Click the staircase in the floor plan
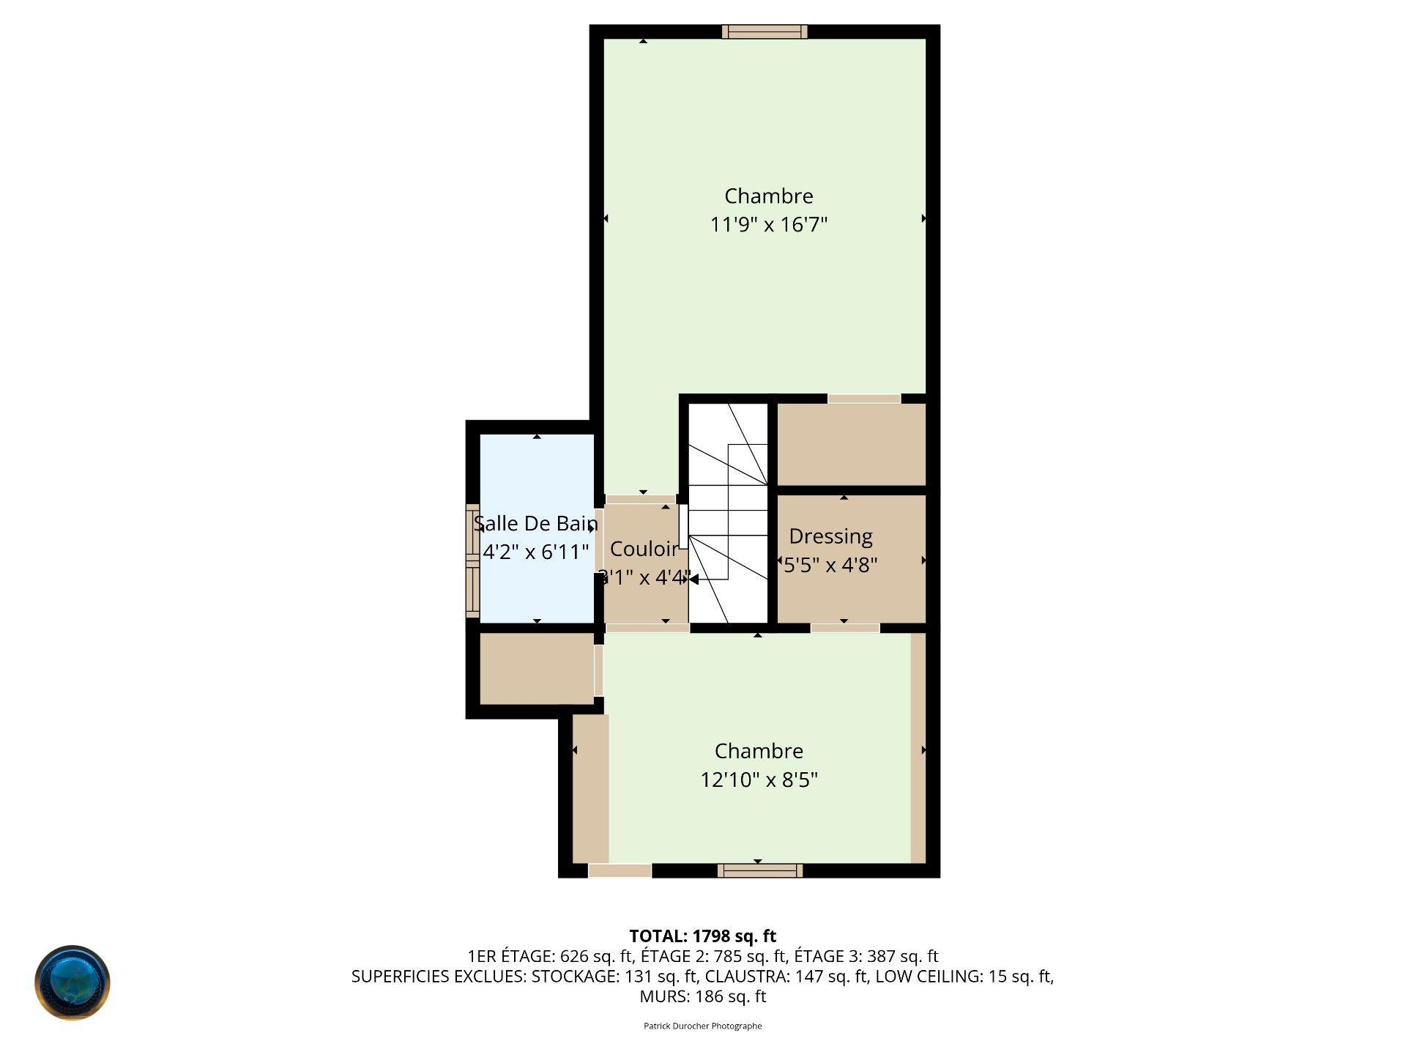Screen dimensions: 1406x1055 tap(728, 513)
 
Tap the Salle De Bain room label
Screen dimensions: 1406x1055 tap(536, 524)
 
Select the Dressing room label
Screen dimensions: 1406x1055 tap(830, 537)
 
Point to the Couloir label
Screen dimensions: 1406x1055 tap(644, 549)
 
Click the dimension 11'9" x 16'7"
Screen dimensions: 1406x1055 tap(769, 224)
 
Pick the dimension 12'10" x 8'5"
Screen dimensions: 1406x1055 tap(759, 780)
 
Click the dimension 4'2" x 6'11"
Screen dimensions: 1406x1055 tap(536, 552)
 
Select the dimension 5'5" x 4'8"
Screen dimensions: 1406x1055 tap(830, 565)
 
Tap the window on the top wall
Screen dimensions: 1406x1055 tap(765, 32)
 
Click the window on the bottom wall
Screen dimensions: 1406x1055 tap(760, 870)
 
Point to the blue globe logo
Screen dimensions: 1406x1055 tap(72, 982)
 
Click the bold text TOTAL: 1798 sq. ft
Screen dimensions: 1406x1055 tap(703, 936)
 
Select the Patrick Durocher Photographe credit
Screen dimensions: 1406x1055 tap(703, 1026)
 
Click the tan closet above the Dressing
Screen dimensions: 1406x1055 tap(851, 444)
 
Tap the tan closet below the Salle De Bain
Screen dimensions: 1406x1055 tap(537, 669)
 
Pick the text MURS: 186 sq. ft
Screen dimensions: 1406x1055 tap(703, 996)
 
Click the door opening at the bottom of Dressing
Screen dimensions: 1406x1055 tap(845, 628)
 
